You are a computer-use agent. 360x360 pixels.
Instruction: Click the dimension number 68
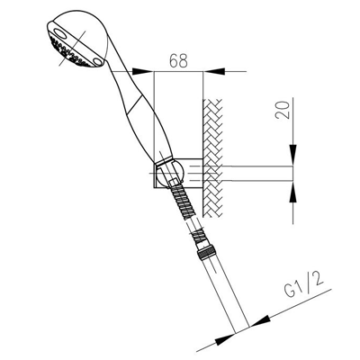(x=178, y=60)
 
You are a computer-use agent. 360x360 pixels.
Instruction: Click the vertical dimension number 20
(x=283, y=110)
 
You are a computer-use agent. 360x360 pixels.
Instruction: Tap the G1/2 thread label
(x=304, y=285)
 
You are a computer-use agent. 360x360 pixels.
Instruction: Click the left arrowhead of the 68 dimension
(x=143, y=71)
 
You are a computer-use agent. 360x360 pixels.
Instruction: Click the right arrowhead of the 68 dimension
(x=214, y=71)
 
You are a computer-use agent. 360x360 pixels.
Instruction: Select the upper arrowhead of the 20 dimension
(x=293, y=155)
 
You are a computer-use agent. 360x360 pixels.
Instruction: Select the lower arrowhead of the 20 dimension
(x=293, y=192)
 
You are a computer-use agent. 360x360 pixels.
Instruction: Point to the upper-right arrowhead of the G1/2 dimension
(x=259, y=321)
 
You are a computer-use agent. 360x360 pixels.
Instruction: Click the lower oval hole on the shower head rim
(x=97, y=61)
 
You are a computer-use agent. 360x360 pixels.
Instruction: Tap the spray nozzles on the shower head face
(x=69, y=52)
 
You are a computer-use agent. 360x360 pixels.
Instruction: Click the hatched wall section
(x=212, y=157)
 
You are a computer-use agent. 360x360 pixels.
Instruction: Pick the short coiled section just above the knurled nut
(x=199, y=235)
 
